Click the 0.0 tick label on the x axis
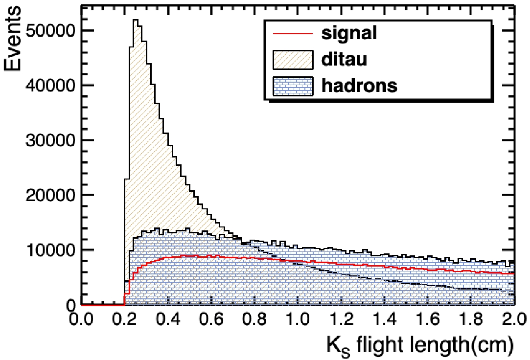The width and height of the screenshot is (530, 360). (x=81, y=319)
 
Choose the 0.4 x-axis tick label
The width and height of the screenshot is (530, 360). (x=168, y=319)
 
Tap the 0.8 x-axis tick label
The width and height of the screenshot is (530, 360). (x=254, y=319)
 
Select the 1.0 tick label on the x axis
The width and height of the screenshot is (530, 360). (x=298, y=319)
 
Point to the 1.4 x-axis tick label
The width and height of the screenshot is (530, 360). (x=384, y=319)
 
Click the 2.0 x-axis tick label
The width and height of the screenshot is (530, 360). (x=513, y=319)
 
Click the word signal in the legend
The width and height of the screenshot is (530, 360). (x=349, y=33)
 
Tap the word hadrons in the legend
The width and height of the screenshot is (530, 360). (x=359, y=86)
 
